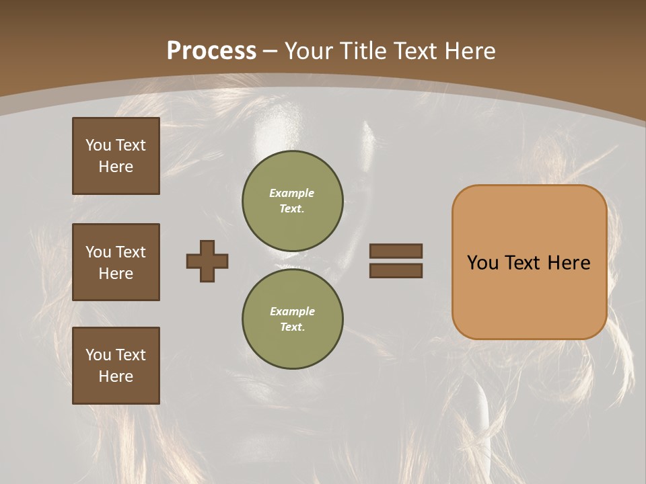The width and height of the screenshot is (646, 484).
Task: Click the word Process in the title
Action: coord(211,51)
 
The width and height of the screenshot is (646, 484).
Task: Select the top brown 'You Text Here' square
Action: coord(116,156)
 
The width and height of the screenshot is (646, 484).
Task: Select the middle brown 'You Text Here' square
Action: coord(116,262)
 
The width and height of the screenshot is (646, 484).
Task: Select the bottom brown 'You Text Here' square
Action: coord(116,365)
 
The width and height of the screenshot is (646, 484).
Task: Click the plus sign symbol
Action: coord(207,261)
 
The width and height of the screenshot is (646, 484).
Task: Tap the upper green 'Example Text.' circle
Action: coord(292,201)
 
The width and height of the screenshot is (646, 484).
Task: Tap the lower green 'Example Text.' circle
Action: coord(292,319)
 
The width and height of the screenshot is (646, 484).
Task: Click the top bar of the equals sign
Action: coord(396,251)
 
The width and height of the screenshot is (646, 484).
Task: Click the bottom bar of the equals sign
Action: coord(396,271)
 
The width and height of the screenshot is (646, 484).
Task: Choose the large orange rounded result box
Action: coord(529,262)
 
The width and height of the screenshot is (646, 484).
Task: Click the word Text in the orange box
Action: coord(528,263)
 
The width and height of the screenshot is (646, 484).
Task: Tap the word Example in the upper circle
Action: coord(292,193)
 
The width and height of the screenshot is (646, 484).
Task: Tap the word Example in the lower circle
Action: coord(292,311)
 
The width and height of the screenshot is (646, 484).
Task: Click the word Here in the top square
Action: coord(116,167)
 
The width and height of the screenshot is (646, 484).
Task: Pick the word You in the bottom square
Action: coord(98,355)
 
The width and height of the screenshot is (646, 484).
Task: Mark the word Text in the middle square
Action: coord(130,252)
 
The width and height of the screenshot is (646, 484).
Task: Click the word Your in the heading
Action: coord(310,51)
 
